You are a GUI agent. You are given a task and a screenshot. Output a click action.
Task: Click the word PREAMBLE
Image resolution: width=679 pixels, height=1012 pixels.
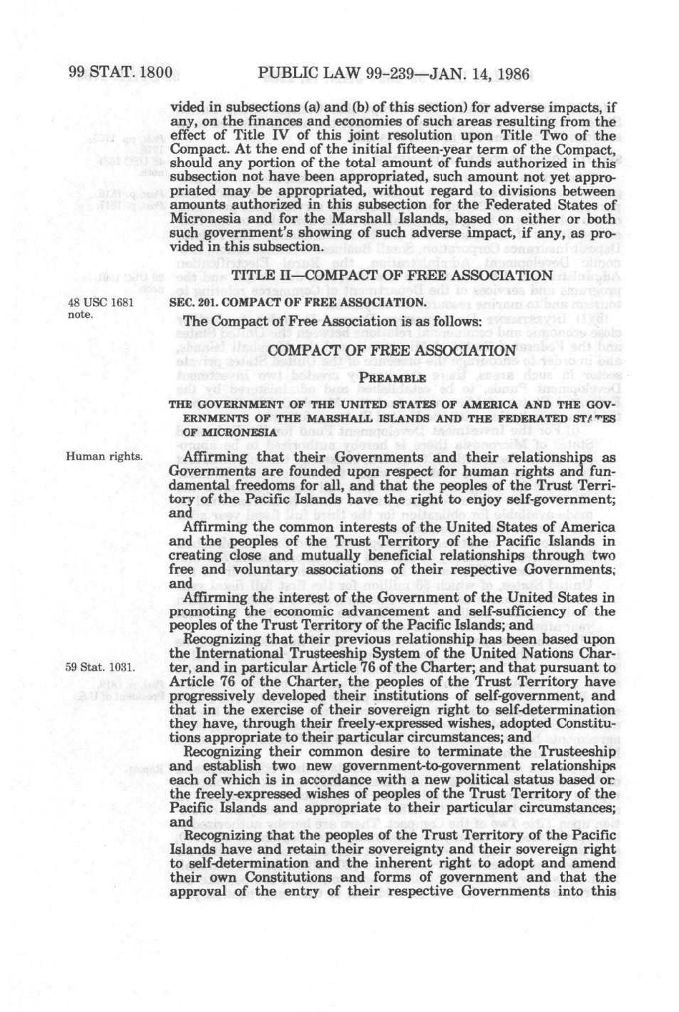point(393,377)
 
